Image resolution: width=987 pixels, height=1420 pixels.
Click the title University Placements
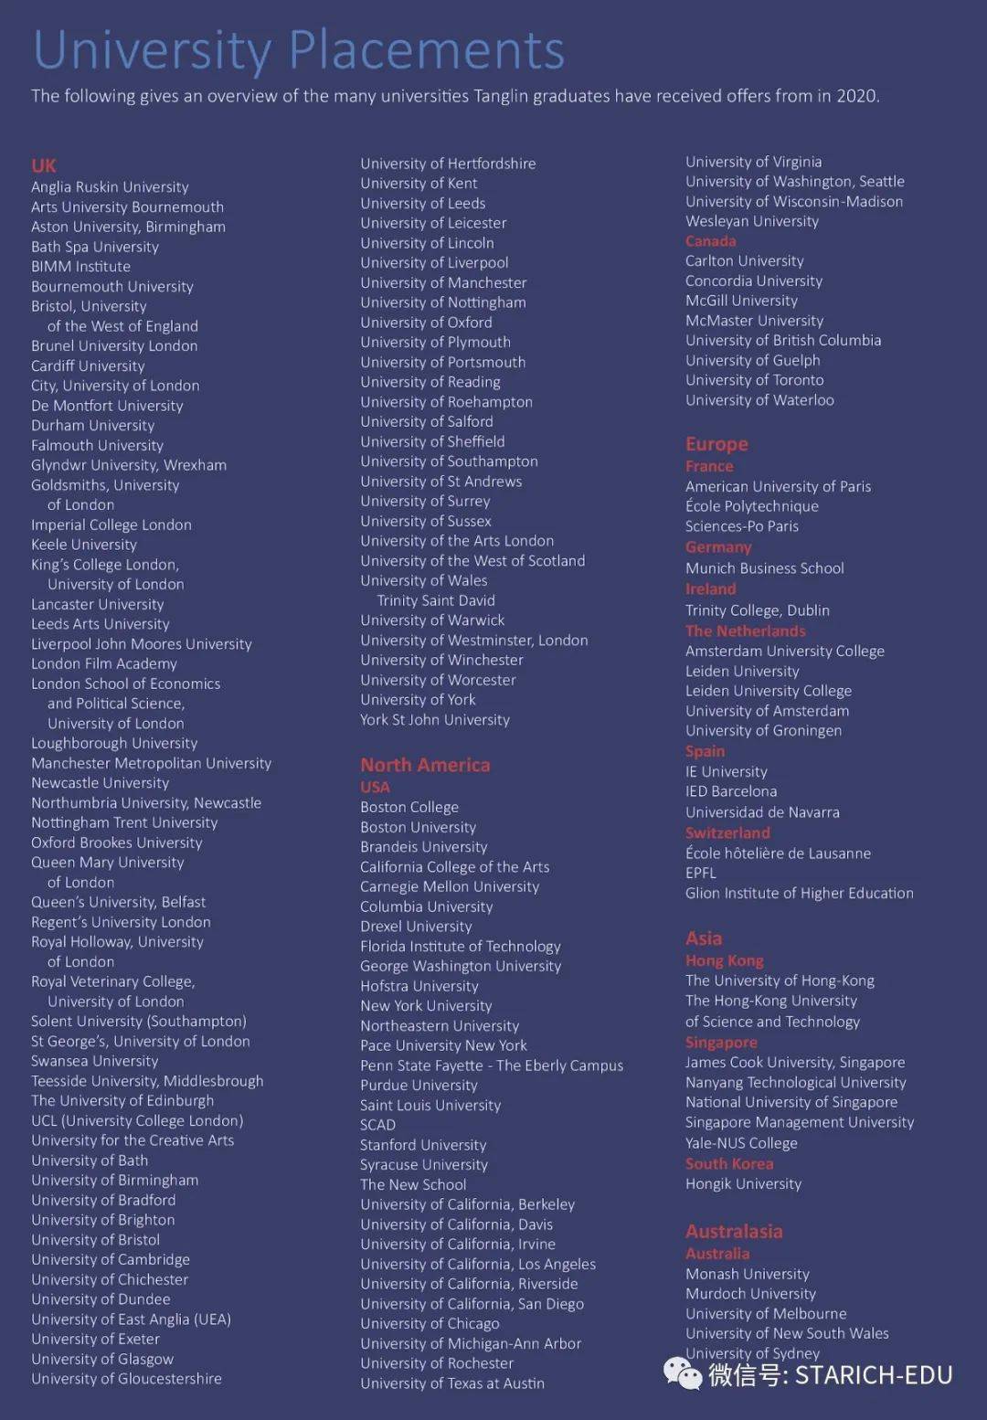(x=299, y=49)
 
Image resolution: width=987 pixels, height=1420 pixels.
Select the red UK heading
(x=44, y=165)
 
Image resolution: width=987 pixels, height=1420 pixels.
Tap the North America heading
(x=425, y=765)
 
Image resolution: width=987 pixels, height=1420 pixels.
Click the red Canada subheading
(x=711, y=241)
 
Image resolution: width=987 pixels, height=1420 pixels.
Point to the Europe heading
(x=716, y=444)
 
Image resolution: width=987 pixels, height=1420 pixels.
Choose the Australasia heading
(x=734, y=1231)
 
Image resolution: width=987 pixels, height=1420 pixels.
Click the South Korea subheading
(x=729, y=1163)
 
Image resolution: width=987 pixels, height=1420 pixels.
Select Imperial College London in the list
(x=111, y=525)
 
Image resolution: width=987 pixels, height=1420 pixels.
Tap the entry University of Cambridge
(x=111, y=1259)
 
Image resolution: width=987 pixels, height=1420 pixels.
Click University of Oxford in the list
(x=426, y=323)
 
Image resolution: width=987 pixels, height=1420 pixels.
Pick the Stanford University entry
(x=423, y=1145)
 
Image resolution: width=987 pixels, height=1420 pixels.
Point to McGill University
(x=741, y=301)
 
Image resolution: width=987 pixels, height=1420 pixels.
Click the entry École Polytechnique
(x=752, y=506)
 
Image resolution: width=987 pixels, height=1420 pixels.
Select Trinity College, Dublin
(x=758, y=610)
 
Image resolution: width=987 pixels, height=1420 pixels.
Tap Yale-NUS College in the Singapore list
(x=741, y=1143)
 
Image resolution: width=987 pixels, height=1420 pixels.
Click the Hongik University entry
(x=743, y=1183)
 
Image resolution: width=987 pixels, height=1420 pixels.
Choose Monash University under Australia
(x=748, y=1274)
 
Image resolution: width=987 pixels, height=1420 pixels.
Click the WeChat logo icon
(x=683, y=1373)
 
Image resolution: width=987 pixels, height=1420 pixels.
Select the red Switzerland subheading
(x=727, y=832)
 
